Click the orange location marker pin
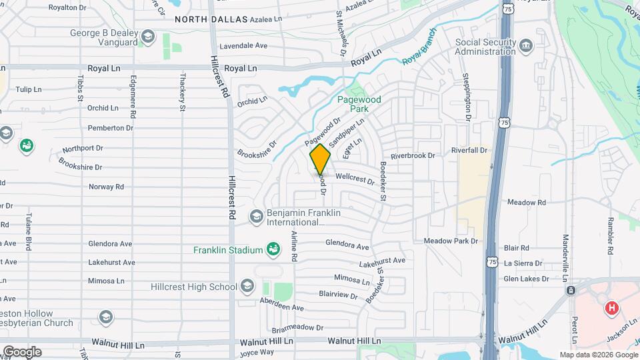pyautogui.click(x=321, y=159)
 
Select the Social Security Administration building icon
pyautogui.click(x=527, y=45)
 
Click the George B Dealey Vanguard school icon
pyautogui.click(x=147, y=36)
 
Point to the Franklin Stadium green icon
pyautogui.click(x=272, y=250)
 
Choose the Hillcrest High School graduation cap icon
pyautogui.click(x=247, y=287)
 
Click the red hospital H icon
pyautogui.click(x=611, y=309)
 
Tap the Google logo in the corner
pyautogui.click(x=21, y=351)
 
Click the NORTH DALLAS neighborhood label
pyautogui.click(x=211, y=20)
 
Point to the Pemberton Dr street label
pyautogui.click(x=106, y=127)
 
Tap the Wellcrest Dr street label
pyautogui.click(x=355, y=179)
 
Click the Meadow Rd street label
pyautogui.click(x=526, y=202)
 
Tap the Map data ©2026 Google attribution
pyautogui.click(x=597, y=355)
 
